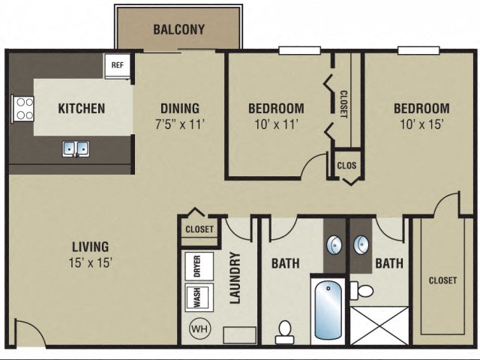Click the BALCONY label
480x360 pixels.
click(x=178, y=30)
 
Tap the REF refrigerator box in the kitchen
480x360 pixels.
click(x=118, y=65)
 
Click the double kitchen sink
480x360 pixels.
click(x=75, y=148)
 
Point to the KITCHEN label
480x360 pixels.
click(x=82, y=108)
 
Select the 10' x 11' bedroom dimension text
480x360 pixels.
click(x=276, y=124)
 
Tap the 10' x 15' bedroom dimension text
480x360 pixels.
click(x=421, y=124)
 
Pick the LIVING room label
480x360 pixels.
click(x=91, y=246)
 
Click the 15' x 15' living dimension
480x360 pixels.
click(x=91, y=262)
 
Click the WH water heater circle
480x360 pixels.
click(x=199, y=328)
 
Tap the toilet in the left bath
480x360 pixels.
click(x=285, y=331)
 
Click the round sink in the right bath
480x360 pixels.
click(x=363, y=244)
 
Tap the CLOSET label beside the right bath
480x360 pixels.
click(x=442, y=280)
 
